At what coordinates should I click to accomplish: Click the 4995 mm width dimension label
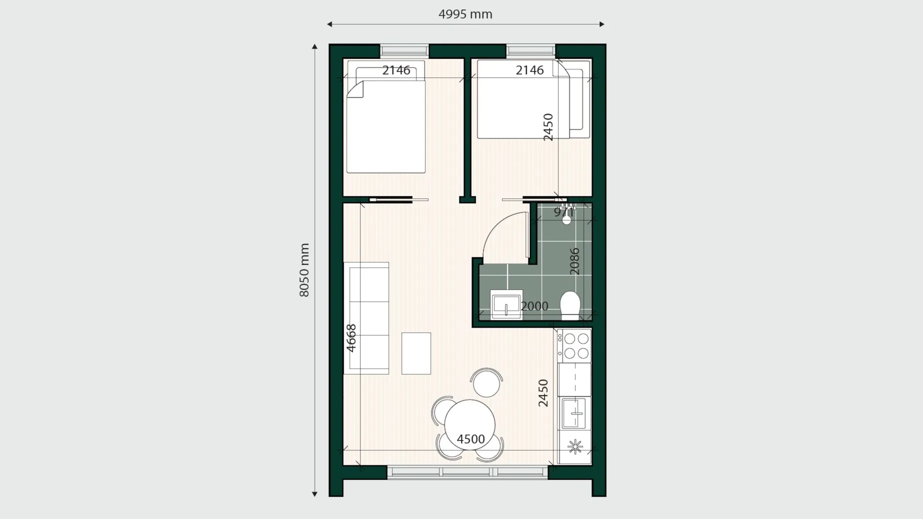pos(465,14)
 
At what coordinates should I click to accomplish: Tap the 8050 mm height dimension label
pos(304,270)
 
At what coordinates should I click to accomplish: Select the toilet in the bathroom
pos(570,305)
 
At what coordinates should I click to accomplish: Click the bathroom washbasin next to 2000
pos(506,305)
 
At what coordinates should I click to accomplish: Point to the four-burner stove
pos(574,346)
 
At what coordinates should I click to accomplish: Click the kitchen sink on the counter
pos(574,413)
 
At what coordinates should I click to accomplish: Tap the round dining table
pos(469,425)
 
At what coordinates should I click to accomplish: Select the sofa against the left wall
pos(366,318)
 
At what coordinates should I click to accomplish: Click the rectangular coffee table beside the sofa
pos(416,353)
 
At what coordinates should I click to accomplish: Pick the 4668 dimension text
pos(351,338)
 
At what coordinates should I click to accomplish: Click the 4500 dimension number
pos(471,439)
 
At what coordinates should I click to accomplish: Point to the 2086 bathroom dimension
pos(574,261)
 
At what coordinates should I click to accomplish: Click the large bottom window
pos(468,472)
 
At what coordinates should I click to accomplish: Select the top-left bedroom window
pos(405,51)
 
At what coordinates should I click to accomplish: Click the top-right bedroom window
pos(531,51)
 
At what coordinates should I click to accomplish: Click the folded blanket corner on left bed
pos(355,90)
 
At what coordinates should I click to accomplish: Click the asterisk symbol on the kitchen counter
pos(575,447)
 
